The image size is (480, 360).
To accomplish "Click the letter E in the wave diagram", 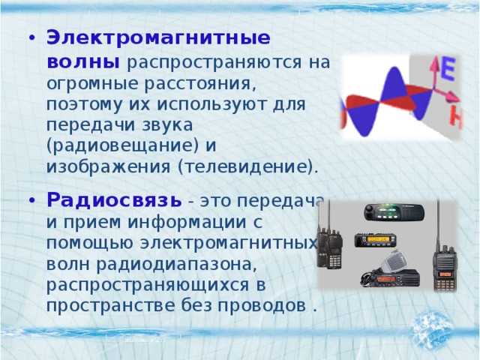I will pos(446,70).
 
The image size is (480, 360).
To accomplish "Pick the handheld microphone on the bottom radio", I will pos(392,260).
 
